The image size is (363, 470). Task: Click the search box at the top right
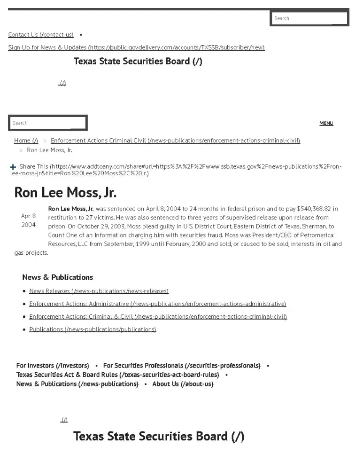tap(309, 18)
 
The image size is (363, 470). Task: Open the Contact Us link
tap(41, 35)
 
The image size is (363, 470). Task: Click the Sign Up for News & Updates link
tap(136, 47)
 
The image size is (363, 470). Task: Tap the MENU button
tap(326, 123)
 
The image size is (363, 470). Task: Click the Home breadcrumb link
tap(26, 141)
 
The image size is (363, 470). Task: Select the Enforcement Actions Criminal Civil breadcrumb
tap(175, 141)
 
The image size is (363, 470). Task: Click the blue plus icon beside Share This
tap(13, 167)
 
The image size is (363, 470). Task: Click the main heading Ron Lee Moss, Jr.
tap(65, 193)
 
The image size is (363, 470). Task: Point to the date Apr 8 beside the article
tap(28, 216)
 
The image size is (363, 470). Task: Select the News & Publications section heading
tap(57, 277)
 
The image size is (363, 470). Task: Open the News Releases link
tap(99, 291)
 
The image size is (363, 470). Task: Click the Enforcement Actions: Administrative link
tap(157, 304)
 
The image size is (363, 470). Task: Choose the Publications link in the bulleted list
tap(93, 329)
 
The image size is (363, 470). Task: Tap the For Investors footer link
tap(53, 366)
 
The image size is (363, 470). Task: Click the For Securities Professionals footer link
tap(182, 366)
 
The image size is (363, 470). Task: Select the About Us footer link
tap(183, 384)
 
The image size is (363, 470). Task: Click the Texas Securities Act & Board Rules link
tap(117, 375)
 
